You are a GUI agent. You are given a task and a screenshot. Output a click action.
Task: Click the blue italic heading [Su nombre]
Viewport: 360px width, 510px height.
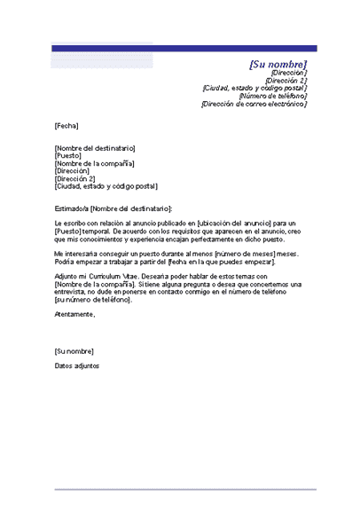coord(278,65)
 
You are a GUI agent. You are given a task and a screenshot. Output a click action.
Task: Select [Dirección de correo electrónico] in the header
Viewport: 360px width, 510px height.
coord(254,104)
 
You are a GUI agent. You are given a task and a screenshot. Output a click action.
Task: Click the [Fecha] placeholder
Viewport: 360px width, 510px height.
coord(67,126)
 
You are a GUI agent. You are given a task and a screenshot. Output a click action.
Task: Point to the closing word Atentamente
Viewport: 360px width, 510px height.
coord(74,315)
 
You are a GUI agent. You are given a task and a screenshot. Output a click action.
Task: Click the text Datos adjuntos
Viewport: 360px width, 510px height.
coord(77,365)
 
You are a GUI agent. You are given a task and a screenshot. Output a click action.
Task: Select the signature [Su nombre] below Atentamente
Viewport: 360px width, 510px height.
coord(74,350)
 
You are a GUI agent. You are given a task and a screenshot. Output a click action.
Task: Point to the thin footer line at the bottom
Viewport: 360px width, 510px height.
coord(184,489)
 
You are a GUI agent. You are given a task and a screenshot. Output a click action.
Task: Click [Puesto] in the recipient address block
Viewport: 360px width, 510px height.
coord(67,155)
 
